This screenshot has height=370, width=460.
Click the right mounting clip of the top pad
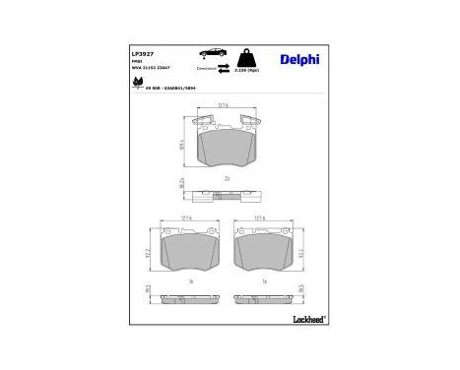pos(250,122)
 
